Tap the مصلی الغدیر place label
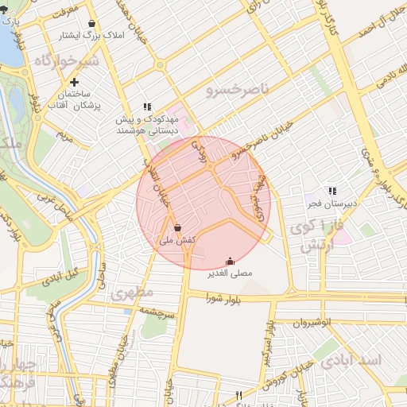pyautogui.click(x=230, y=273)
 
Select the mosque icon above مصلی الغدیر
pyautogui.click(x=230, y=261)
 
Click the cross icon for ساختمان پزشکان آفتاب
pyautogui.click(x=74, y=82)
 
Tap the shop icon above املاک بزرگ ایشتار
pyautogui.click(x=94, y=24)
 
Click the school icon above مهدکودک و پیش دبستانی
pyautogui.click(x=146, y=106)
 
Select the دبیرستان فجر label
pyautogui.click(x=331, y=203)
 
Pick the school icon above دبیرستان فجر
pyautogui.click(x=331, y=191)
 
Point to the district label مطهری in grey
pyautogui.click(x=132, y=293)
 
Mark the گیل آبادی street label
pyautogui.click(x=60, y=278)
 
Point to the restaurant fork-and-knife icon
pyautogui.click(x=238, y=395)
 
